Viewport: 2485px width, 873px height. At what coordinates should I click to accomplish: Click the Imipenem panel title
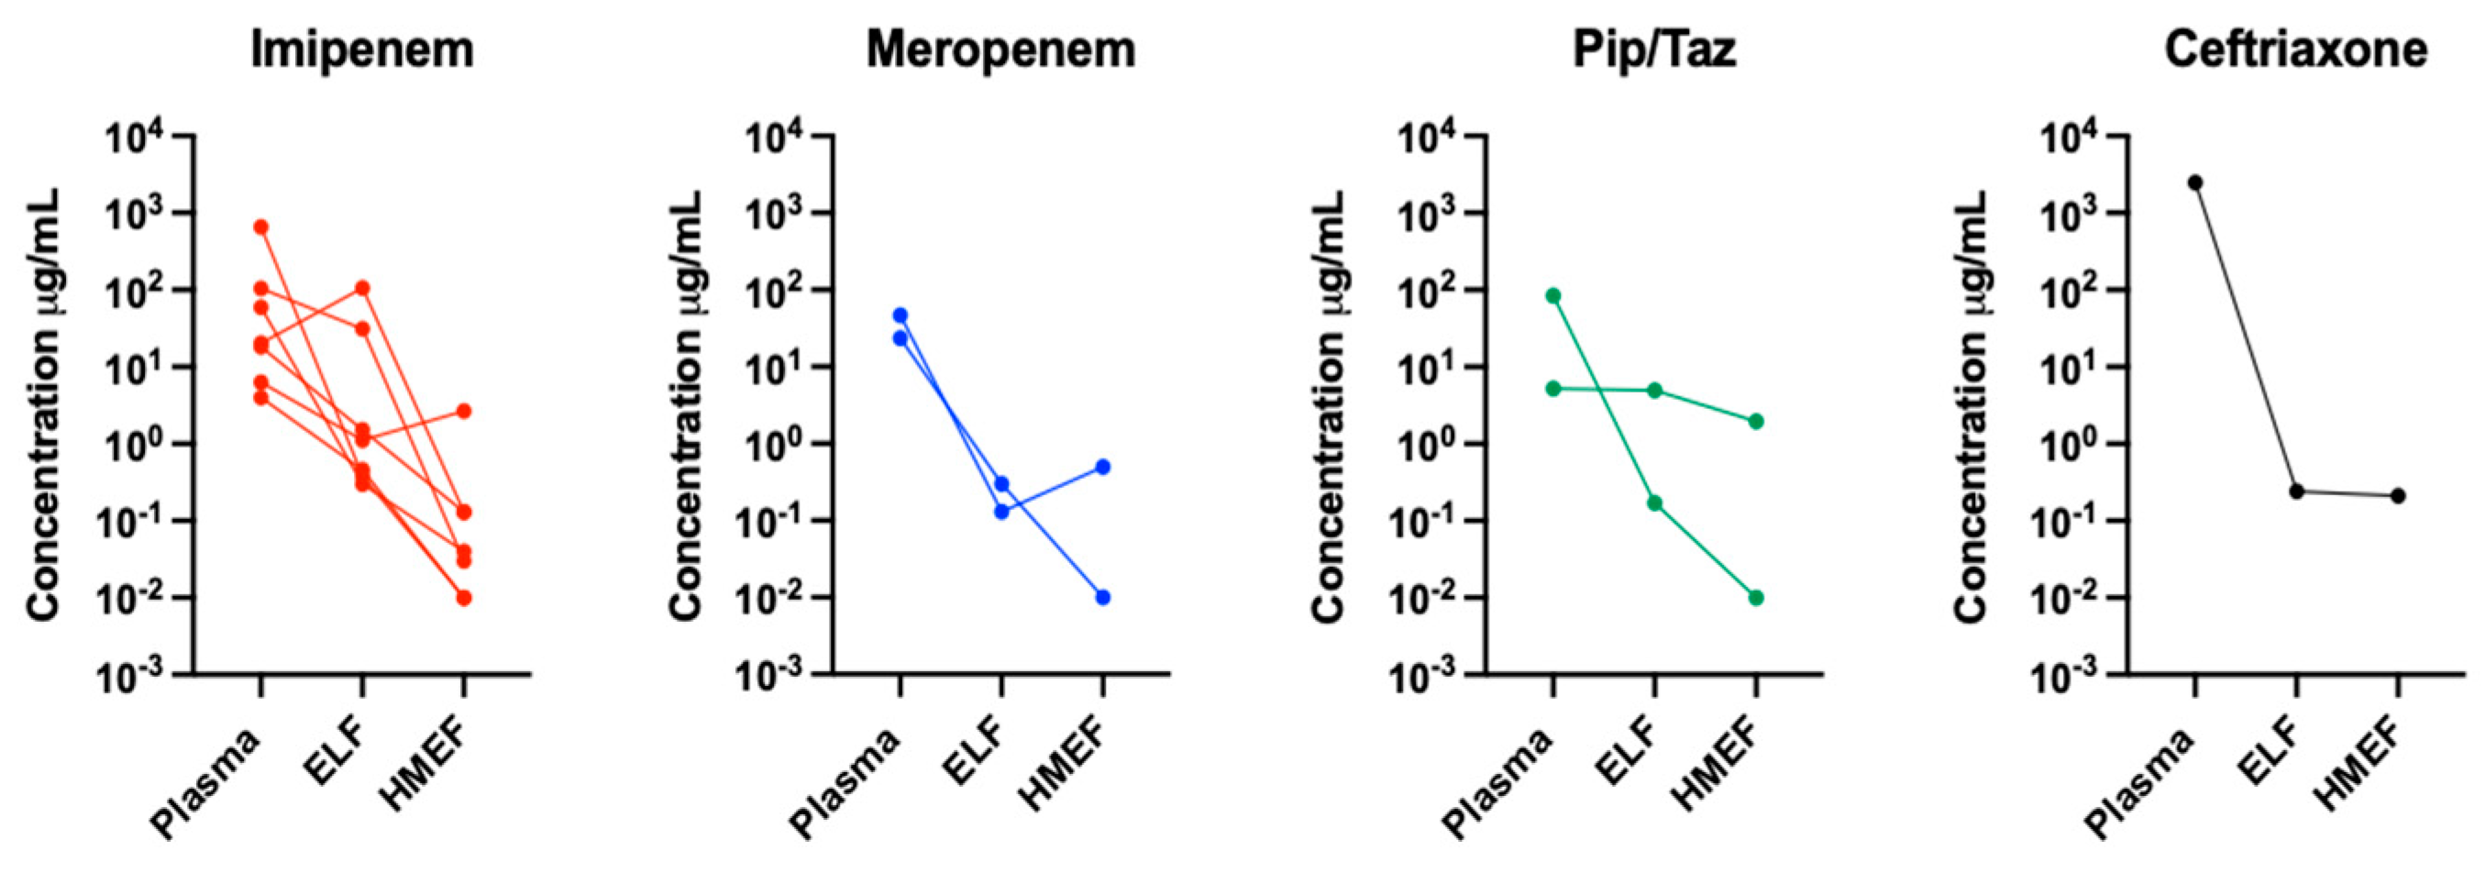click(x=362, y=50)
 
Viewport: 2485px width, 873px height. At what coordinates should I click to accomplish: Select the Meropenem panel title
click(x=1000, y=50)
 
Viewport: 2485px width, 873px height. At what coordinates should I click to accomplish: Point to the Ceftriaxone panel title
click(x=2295, y=50)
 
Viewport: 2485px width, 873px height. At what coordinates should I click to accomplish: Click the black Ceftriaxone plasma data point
click(x=2194, y=182)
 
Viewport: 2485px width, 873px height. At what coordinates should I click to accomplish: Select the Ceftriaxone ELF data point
click(x=2296, y=491)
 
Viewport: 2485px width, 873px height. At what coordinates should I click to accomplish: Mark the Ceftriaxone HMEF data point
click(x=2397, y=496)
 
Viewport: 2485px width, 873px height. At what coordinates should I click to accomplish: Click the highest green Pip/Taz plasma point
click(x=1553, y=296)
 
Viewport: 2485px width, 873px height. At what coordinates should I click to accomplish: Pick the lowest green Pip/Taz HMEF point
click(x=1756, y=598)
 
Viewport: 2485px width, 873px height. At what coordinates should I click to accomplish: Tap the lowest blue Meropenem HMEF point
click(x=1102, y=597)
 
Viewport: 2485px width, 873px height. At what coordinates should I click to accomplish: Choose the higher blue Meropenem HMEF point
click(x=1102, y=467)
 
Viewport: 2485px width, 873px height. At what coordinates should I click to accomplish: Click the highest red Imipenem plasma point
click(x=260, y=227)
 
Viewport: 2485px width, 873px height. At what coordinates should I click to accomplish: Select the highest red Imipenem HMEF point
click(x=463, y=411)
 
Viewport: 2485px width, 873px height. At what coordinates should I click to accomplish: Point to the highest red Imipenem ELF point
click(x=362, y=289)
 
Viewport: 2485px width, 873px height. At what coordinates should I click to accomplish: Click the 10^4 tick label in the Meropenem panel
click(x=778, y=141)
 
